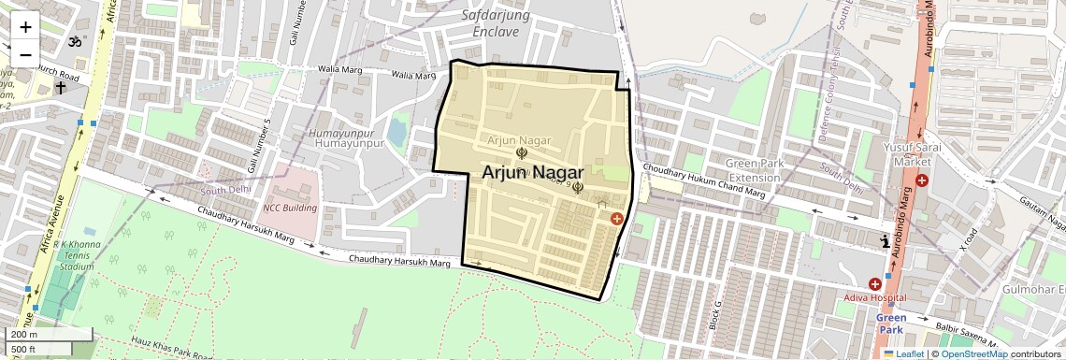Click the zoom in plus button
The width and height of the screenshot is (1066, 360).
(25, 27)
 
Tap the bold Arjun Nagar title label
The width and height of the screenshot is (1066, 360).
(533, 173)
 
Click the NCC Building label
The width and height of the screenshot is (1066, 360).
(289, 208)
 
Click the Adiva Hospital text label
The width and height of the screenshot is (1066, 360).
(875, 297)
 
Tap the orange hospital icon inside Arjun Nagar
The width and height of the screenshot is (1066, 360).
(616, 219)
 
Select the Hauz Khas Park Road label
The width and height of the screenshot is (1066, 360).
(174, 351)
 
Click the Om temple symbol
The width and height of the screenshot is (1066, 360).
(76, 42)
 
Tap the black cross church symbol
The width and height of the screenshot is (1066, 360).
(61, 88)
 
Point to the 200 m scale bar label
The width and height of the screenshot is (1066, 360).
(25, 334)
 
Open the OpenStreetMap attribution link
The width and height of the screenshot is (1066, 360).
(973, 353)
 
